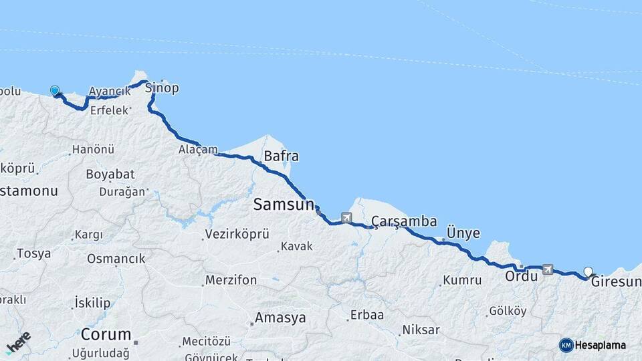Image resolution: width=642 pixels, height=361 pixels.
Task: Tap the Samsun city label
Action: [284, 205]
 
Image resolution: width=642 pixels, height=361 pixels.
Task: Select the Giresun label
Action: [617, 282]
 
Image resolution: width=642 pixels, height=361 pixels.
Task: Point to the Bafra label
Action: [282, 156]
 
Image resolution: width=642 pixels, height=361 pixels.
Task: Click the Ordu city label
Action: [521, 275]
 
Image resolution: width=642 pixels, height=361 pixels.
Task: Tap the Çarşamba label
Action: [404, 221]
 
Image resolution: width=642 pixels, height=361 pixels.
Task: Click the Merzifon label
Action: [231, 280]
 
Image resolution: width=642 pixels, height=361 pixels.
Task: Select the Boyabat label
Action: [110, 174]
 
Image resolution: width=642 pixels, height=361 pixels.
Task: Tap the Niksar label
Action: [421, 330]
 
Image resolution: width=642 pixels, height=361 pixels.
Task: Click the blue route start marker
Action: [54, 90]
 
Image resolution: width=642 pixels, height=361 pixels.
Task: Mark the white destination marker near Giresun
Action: [588, 271]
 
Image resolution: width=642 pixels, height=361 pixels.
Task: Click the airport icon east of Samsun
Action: [346, 217]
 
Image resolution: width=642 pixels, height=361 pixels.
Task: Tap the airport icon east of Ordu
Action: [548, 269]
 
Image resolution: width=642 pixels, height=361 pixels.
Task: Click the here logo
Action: [18, 342]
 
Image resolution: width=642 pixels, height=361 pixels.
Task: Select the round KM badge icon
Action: [566, 345]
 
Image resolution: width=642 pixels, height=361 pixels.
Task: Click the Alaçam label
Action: [198, 150]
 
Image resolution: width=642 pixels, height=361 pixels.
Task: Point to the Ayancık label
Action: [110, 92]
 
